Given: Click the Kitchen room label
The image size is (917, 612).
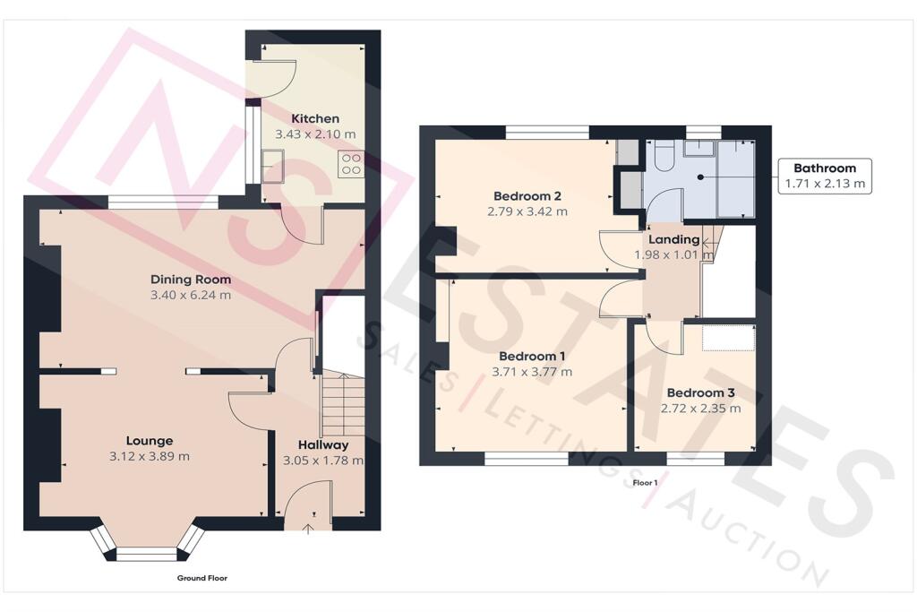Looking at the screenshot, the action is pyautogui.click(x=315, y=119).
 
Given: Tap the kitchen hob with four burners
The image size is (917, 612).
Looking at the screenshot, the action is pyautogui.click(x=351, y=164).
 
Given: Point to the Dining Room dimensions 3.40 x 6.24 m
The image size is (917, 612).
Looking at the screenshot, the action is pyautogui.click(x=191, y=295).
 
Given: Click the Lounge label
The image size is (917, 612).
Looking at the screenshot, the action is pyautogui.click(x=150, y=441).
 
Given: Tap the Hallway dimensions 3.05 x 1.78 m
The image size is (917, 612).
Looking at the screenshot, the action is pyautogui.click(x=322, y=461).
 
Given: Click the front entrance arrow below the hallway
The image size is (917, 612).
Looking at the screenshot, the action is pyautogui.click(x=308, y=530).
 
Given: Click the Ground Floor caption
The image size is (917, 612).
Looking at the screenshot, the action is pyautogui.click(x=202, y=578).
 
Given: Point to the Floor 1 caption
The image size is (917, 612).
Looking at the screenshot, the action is pyautogui.click(x=645, y=483).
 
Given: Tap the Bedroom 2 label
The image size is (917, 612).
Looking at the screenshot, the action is pyautogui.click(x=527, y=196).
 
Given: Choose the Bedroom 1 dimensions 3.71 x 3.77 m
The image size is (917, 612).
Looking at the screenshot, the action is pyautogui.click(x=532, y=372).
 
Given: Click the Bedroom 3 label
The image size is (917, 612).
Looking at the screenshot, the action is pyautogui.click(x=700, y=392).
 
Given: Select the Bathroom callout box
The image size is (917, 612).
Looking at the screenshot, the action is pyautogui.click(x=825, y=177).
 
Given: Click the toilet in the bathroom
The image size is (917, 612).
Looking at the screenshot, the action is pyautogui.click(x=664, y=156).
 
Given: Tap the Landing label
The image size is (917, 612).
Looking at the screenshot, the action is pyautogui.click(x=673, y=239).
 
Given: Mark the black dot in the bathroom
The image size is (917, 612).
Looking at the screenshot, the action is pyautogui.click(x=700, y=177).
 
